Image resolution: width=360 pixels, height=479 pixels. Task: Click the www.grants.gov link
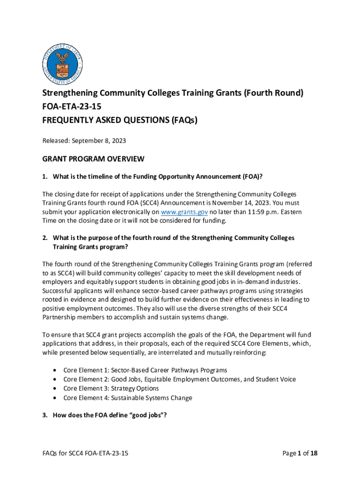(x=185, y=212)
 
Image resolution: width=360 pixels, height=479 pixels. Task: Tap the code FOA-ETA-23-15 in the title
(x=72, y=107)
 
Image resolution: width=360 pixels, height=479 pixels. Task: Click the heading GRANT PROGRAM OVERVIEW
(x=93, y=160)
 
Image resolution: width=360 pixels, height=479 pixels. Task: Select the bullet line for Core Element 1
(x=145, y=370)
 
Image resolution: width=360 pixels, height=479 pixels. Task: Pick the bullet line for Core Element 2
(x=180, y=379)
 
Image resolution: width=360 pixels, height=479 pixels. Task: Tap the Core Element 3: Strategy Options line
(x=111, y=389)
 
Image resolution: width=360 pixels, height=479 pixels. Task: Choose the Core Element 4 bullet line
(x=128, y=398)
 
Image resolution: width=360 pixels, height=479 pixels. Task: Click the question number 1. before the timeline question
(x=45, y=176)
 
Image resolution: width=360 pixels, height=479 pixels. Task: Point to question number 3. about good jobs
(x=45, y=415)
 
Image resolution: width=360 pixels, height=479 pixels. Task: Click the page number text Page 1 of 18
(x=300, y=453)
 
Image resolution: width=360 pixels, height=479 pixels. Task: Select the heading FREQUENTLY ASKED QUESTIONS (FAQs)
(x=120, y=120)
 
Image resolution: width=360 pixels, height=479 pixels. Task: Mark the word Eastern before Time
(x=290, y=212)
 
